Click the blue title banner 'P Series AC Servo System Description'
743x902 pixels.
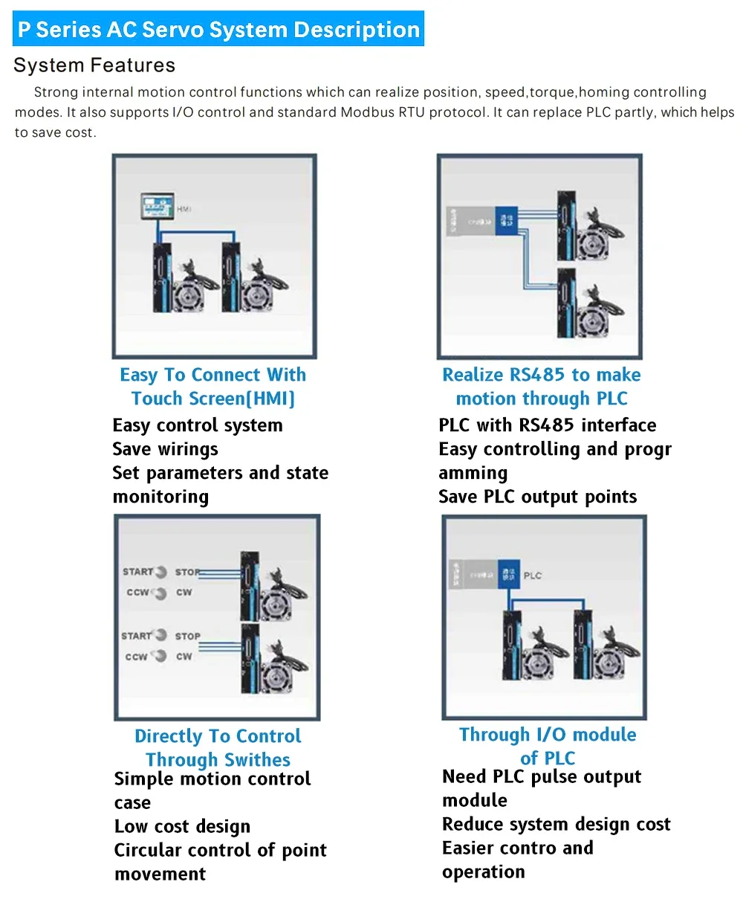pyautogui.click(x=218, y=30)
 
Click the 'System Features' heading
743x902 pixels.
pyautogui.click(x=94, y=65)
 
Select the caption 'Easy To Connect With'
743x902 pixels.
pyautogui.click(x=212, y=375)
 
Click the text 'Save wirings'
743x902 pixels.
pyautogui.click(x=165, y=449)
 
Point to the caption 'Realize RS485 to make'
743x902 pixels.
pyautogui.click(x=541, y=375)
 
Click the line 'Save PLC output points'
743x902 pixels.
pyautogui.click(x=537, y=497)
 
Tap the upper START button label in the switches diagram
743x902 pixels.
pyautogui.click(x=138, y=572)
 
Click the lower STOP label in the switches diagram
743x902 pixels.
pyautogui.click(x=187, y=637)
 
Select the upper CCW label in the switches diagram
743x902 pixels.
pyautogui.click(x=138, y=593)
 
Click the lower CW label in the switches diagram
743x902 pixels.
pyautogui.click(x=184, y=657)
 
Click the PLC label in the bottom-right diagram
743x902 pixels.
pyautogui.click(x=532, y=576)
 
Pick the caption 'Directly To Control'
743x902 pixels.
pyautogui.click(x=218, y=736)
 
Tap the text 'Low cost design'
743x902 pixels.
pyautogui.click(x=182, y=827)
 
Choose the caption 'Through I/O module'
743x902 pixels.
pyautogui.click(x=548, y=735)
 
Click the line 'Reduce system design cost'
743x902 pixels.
pyautogui.click(x=556, y=825)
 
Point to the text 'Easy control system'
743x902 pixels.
pyautogui.click(x=197, y=425)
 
